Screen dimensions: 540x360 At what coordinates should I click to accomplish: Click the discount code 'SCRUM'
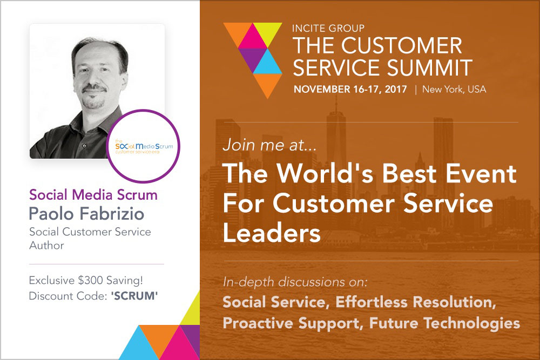click(x=134, y=296)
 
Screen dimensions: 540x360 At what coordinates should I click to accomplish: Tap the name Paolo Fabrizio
click(x=86, y=214)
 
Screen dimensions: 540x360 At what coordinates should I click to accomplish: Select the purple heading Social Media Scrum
click(x=93, y=195)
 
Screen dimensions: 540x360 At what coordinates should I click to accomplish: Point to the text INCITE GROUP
click(x=328, y=28)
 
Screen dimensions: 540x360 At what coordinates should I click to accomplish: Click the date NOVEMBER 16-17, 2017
click(x=350, y=90)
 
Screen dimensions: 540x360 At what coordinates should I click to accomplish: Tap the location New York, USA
click(x=454, y=90)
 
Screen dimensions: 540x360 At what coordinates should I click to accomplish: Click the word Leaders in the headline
click(x=272, y=233)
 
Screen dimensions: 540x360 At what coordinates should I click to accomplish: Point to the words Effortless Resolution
click(x=415, y=302)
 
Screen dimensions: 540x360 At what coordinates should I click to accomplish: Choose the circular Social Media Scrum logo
click(x=143, y=146)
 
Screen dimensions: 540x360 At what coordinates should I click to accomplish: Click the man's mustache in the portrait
click(x=94, y=89)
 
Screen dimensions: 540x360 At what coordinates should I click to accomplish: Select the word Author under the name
click(x=46, y=246)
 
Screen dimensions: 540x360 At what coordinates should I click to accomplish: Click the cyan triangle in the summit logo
click(x=268, y=63)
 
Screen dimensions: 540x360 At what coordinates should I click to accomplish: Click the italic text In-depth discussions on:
click(x=295, y=282)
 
